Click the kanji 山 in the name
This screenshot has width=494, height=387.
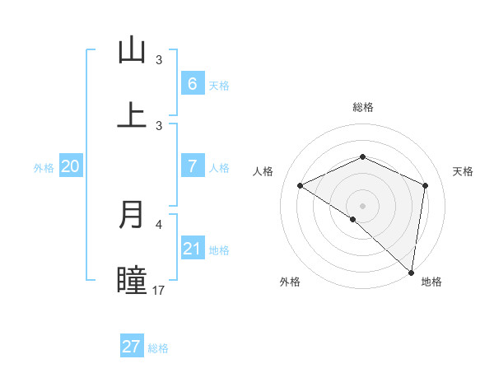tap(132, 50)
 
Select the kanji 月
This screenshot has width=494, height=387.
tap(132, 214)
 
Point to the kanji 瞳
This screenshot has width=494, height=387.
tap(132, 280)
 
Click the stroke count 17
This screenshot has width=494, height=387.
tap(159, 290)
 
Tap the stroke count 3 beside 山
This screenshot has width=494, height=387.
tap(159, 60)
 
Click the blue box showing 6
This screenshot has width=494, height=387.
tap(192, 83)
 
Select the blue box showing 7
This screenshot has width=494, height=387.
tap(192, 166)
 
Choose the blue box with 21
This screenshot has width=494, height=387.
tap(192, 249)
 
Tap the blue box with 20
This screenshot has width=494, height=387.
tap(71, 166)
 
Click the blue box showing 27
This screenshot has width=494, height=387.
tap(132, 347)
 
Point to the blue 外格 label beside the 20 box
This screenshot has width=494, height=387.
tap(44, 168)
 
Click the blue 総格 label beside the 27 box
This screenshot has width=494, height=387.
tap(158, 348)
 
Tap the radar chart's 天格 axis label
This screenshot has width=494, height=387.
tap(463, 171)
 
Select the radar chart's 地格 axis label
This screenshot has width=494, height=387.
tap(431, 282)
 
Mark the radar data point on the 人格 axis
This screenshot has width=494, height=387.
tap(301, 186)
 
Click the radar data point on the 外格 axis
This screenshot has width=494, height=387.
tap(353, 219)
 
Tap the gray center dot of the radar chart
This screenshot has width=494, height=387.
tap(362, 206)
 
